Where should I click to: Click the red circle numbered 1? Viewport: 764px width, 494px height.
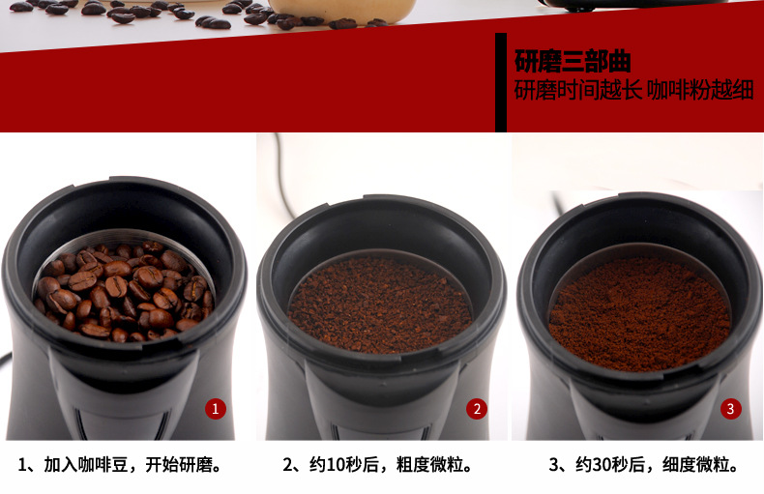(216, 409)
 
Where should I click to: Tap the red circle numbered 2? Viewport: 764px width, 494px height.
(477, 409)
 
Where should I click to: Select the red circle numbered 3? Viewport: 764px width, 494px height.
(730, 409)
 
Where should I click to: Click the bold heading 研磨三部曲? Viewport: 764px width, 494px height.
(573, 61)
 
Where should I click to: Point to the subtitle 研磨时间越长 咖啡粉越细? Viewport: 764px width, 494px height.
(633, 91)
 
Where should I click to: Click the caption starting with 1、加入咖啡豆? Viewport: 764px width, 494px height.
(120, 465)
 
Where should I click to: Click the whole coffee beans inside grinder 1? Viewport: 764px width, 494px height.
(124, 291)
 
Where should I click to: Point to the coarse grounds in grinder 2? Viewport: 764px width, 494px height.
(380, 305)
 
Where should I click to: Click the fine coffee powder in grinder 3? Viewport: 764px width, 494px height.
(639, 313)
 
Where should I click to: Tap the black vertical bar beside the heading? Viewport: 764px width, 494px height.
(501, 82)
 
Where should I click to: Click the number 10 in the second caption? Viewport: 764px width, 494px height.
(336, 465)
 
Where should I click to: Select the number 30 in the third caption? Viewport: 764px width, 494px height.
(602, 465)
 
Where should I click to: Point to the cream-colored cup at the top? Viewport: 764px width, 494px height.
(341, 11)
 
